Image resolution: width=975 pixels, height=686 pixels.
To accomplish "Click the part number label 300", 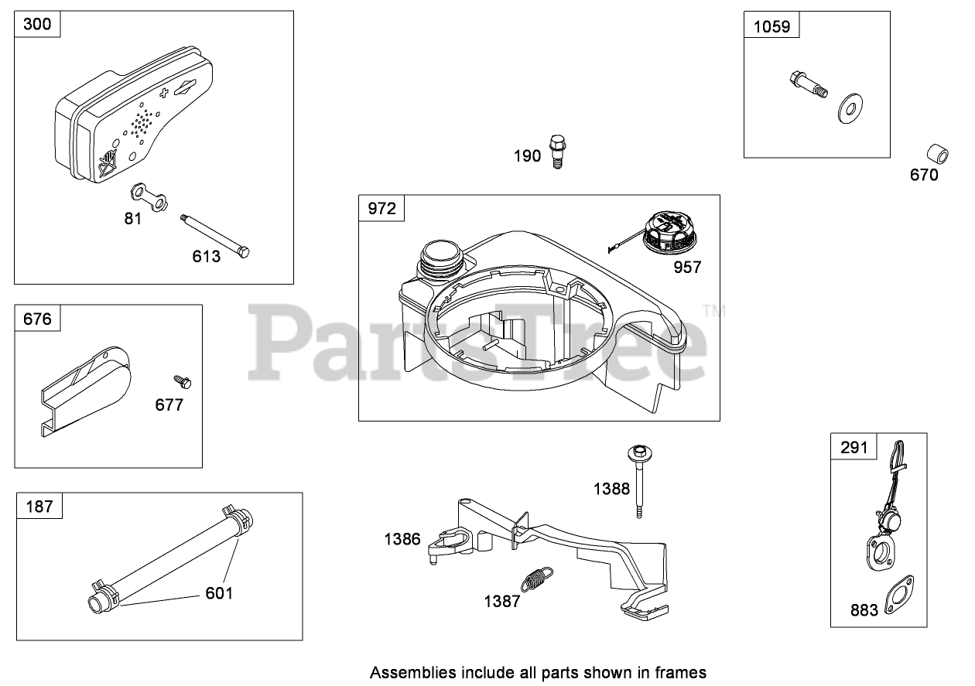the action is (37, 25).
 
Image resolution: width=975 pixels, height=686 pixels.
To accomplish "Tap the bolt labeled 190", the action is (556, 151).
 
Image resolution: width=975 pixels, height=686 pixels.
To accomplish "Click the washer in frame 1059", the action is (851, 107).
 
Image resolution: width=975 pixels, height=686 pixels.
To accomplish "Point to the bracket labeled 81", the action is (149, 196).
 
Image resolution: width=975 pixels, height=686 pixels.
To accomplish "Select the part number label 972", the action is (381, 208).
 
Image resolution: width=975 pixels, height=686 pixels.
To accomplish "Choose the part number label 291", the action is (854, 446).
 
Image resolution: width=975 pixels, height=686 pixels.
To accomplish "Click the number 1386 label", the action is (402, 539).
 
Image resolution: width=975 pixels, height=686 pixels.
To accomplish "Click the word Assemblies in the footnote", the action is (405, 671).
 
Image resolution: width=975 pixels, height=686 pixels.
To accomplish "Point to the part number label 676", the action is (37, 318).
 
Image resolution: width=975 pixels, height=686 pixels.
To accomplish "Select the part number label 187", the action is (39, 507).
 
